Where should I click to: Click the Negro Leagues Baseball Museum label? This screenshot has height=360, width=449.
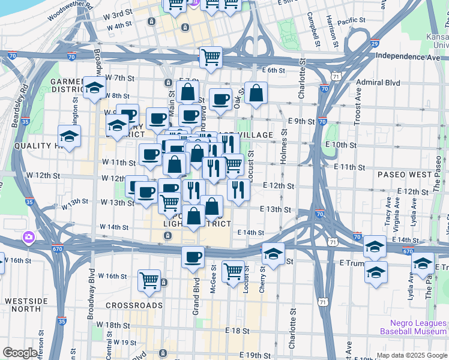[x=414, y=327]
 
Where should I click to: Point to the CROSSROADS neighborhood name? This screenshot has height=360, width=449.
[x=134, y=305]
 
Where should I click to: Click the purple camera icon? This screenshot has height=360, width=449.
[x=28, y=238]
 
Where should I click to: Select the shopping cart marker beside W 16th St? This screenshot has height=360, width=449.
[x=149, y=280]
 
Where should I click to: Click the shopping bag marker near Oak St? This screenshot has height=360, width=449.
[x=256, y=93]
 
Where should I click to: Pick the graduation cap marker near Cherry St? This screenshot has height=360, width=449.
[x=273, y=253]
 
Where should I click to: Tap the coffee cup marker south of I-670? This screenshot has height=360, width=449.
[x=193, y=257]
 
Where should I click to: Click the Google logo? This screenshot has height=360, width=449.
[x=20, y=353]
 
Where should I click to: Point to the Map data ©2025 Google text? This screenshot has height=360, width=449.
[x=412, y=355]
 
